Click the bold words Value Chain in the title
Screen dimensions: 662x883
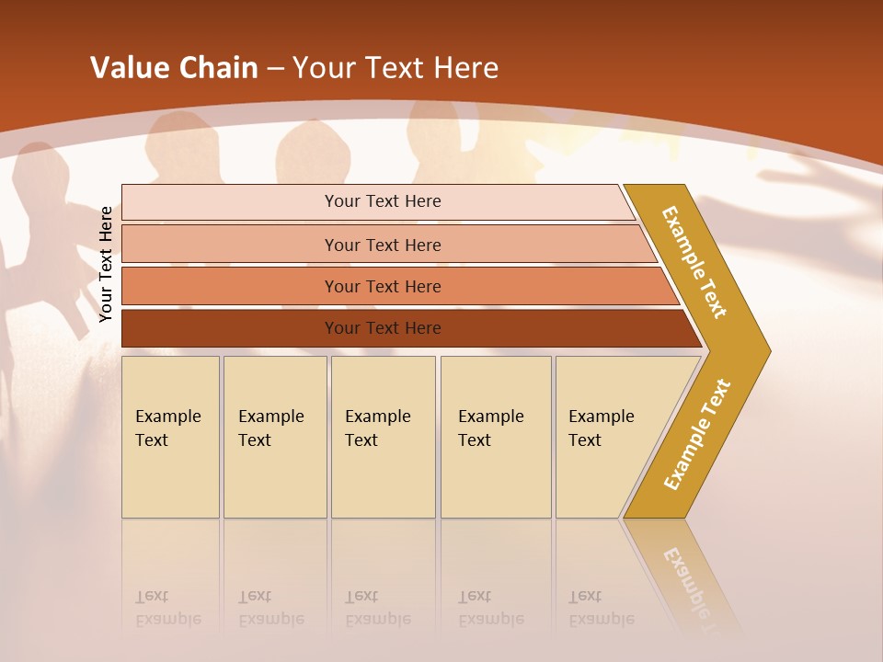(174, 68)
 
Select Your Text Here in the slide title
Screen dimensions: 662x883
(396, 68)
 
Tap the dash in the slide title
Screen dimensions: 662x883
(275, 69)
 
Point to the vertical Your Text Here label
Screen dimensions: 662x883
(106, 265)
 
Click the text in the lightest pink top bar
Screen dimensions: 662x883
(383, 201)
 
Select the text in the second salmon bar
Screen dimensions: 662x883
(383, 245)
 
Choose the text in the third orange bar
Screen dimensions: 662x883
(383, 286)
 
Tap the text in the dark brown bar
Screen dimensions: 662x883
(383, 328)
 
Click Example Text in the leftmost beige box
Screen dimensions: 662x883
(167, 428)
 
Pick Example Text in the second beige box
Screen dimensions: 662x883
(270, 428)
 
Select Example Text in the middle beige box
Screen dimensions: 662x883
(377, 428)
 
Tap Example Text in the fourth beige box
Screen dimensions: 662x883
(490, 428)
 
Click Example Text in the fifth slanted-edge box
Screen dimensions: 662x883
(601, 428)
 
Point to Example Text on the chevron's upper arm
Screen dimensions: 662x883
(695, 262)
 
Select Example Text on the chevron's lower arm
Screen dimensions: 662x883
(697, 434)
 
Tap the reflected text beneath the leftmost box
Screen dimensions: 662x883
(167, 608)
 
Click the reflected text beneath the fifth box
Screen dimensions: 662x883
(601, 608)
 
